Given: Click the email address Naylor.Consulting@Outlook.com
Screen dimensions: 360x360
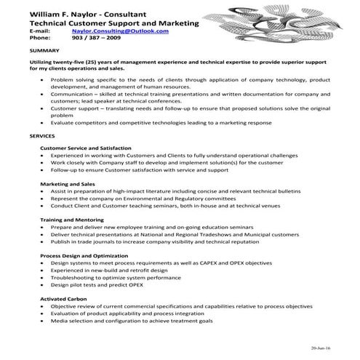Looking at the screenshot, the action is [121, 32].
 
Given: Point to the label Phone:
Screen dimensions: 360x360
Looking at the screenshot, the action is [39, 39].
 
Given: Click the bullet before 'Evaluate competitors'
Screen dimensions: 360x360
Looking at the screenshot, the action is [45, 123].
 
